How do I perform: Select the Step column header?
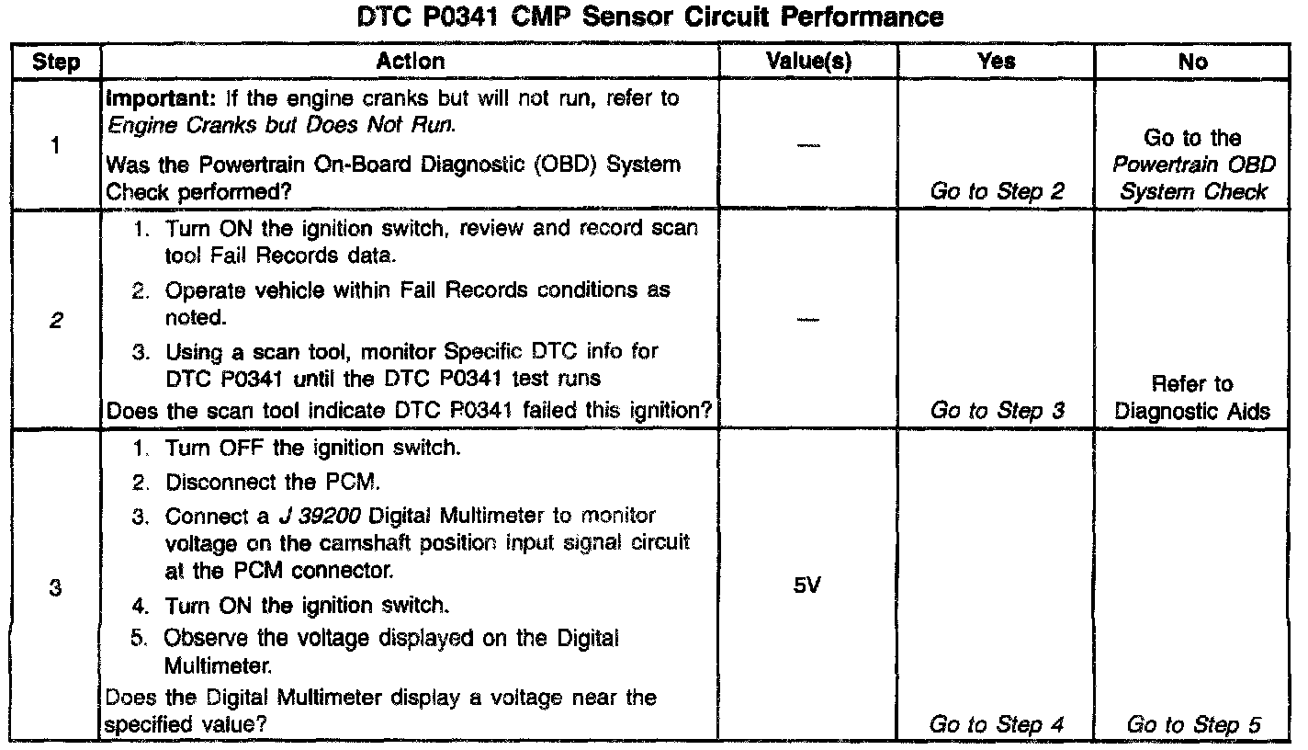pos(54,62)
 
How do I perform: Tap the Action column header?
pos(411,62)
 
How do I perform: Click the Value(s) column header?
pos(808,62)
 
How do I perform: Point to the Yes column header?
pos(997,62)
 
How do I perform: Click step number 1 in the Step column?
pos(55,144)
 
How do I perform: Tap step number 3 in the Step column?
pos(55,589)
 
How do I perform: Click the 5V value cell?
pos(806,585)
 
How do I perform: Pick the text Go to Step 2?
pos(997,192)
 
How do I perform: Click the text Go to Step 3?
pos(997,411)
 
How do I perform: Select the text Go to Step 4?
pos(997,724)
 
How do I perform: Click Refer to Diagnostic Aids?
pos(1192,398)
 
